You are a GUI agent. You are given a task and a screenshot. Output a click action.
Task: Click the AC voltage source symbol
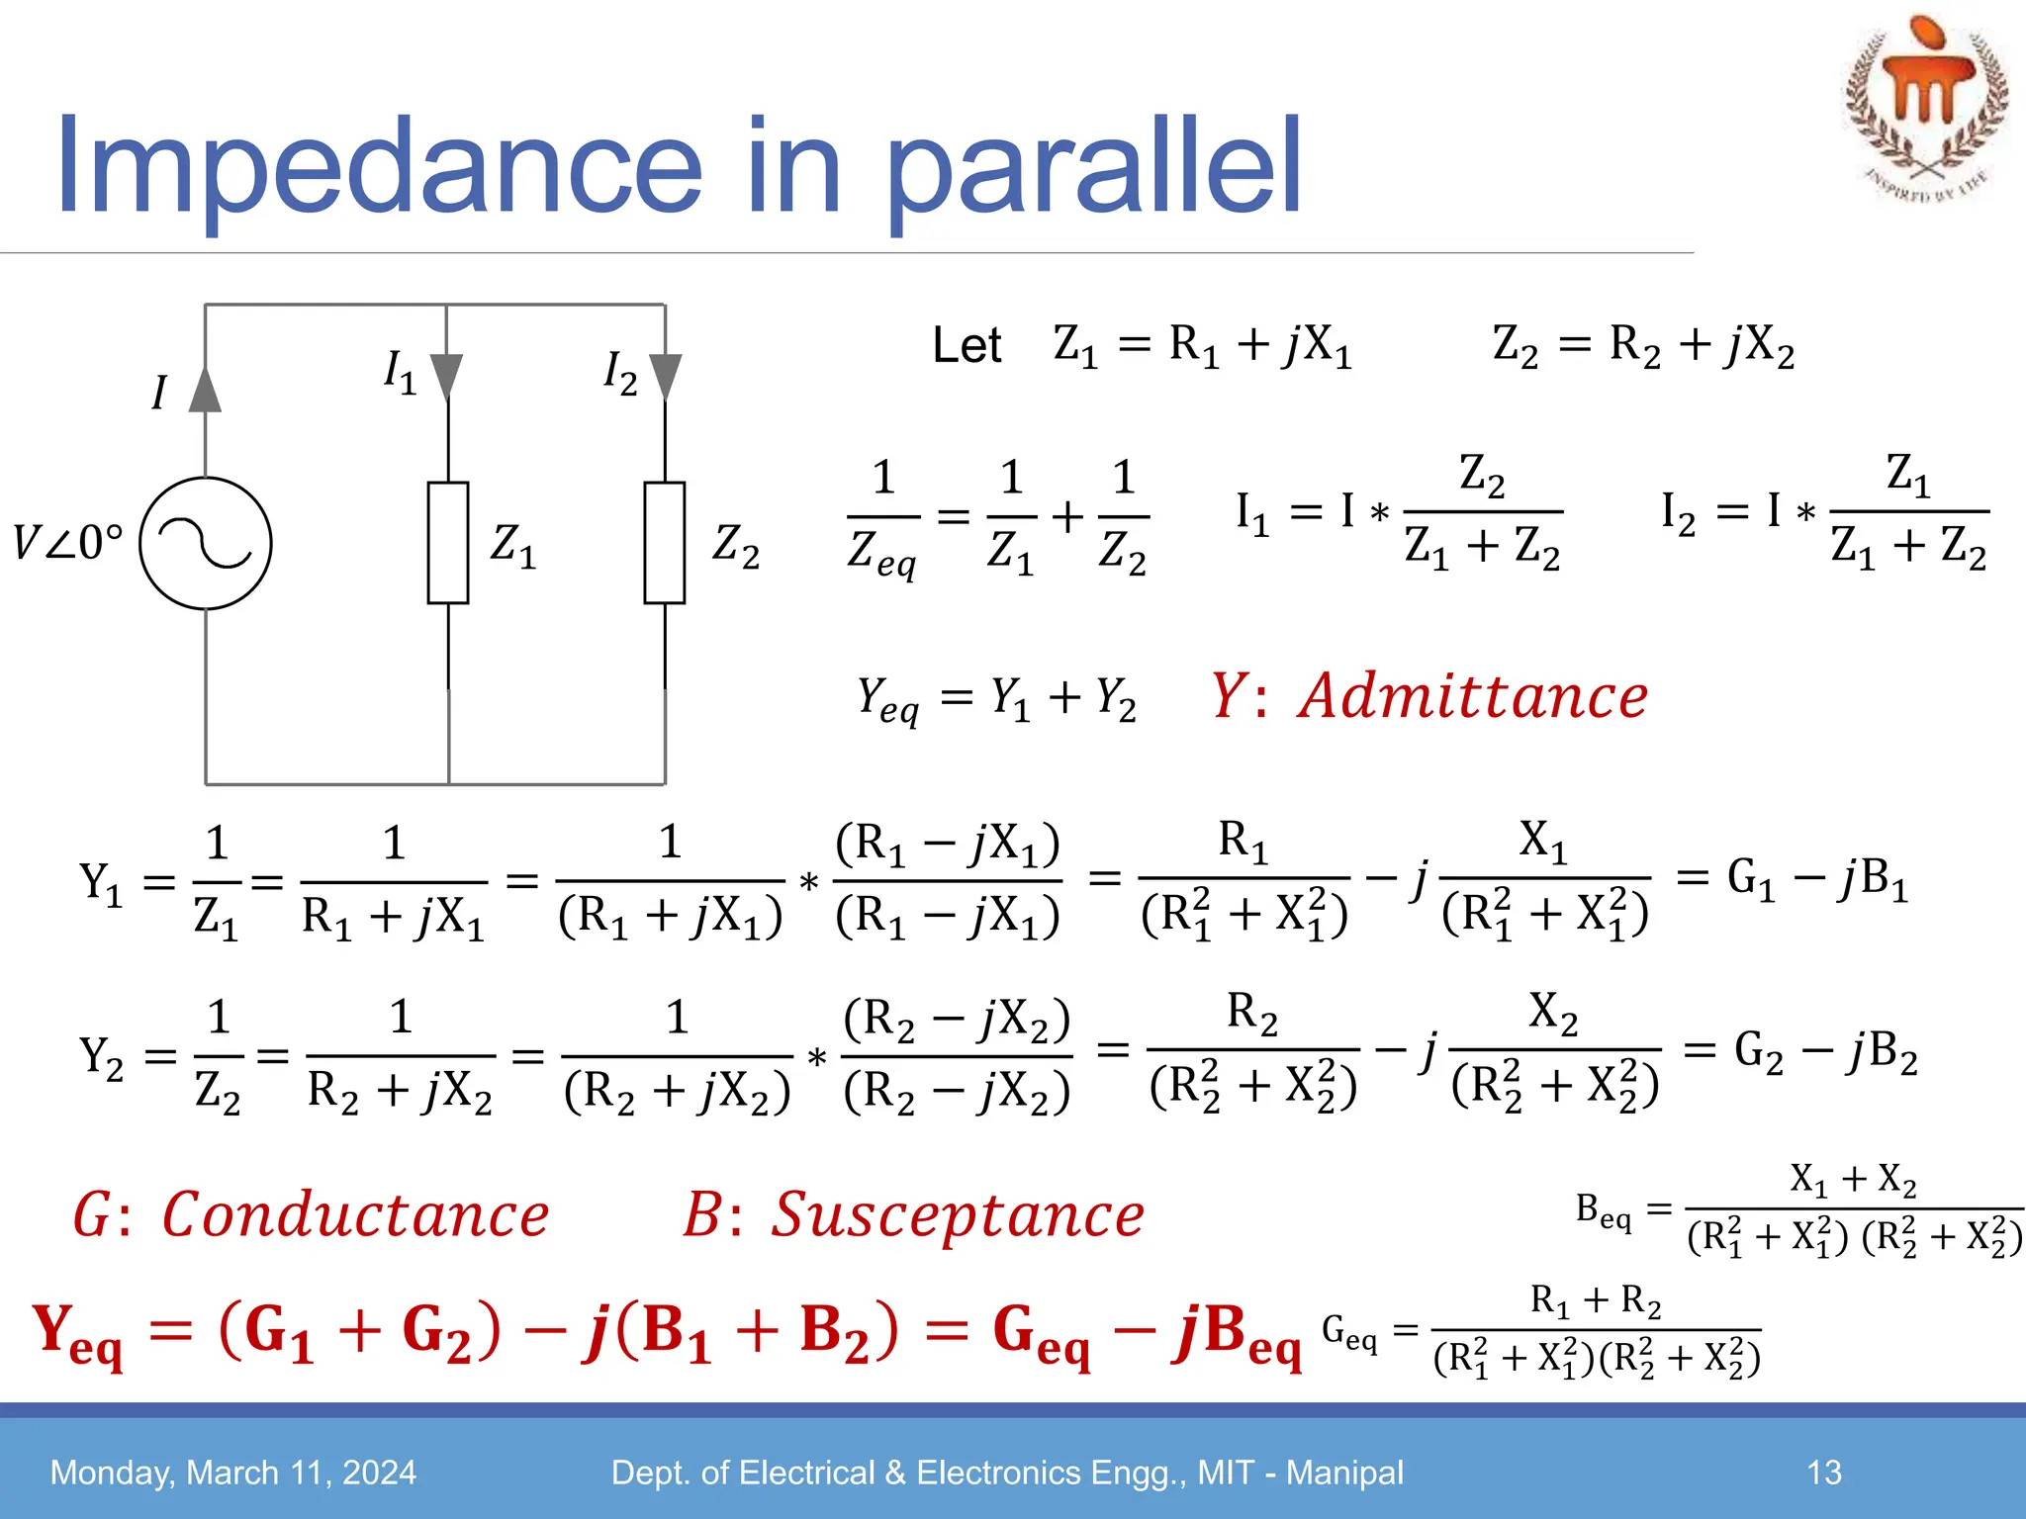(x=206, y=543)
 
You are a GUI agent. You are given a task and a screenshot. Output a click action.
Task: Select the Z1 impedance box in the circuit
(x=448, y=543)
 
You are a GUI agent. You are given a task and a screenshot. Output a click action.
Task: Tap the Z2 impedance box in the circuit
(x=665, y=543)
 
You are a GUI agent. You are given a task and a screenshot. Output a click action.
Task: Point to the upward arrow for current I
(x=205, y=390)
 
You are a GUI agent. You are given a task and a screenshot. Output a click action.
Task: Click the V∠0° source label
(x=67, y=543)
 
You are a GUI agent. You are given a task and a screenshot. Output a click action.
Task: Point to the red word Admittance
(x=1474, y=696)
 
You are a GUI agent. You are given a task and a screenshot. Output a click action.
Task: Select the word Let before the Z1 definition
(x=967, y=346)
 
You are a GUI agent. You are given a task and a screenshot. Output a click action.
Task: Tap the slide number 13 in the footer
(x=1824, y=1473)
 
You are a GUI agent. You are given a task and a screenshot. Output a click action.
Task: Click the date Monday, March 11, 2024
(x=233, y=1473)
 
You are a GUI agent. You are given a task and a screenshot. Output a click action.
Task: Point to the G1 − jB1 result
(x=1817, y=878)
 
